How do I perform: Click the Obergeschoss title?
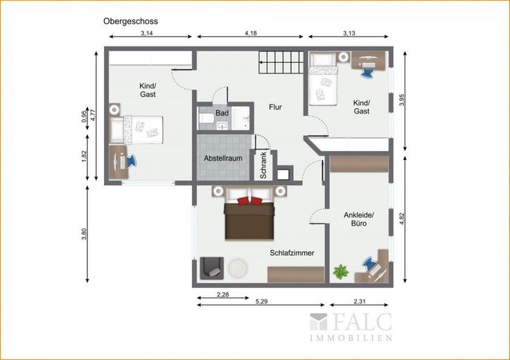click(x=130, y=21)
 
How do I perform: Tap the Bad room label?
click(x=222, y=114)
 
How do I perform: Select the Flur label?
click(x=275, y=107)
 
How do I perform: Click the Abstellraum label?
click(x=223, y=159)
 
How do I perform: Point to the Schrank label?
click(x=263, y=165)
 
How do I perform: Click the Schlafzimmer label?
click(x=292, y=253)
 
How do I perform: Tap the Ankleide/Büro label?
click(x=359, y=219)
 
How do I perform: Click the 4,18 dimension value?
click(x=251, y=33)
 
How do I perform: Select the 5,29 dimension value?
click(x=261, y=302)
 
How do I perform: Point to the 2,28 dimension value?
click(x=223, y=295)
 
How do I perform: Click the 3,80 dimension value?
click(x=85, y=234)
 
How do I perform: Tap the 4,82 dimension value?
click(x=403, y=219)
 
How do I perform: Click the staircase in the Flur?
click(x=281, y=62)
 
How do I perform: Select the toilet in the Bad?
click(x=206, y=118)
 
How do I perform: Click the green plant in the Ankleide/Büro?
click(x=340, y=271)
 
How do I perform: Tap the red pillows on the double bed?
click(x=249, y=201)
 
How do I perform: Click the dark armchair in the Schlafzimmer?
click(x=212, y=269)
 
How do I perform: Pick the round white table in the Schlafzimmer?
click(x=238, y=268)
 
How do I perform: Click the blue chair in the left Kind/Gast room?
click(x=131, y=161)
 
